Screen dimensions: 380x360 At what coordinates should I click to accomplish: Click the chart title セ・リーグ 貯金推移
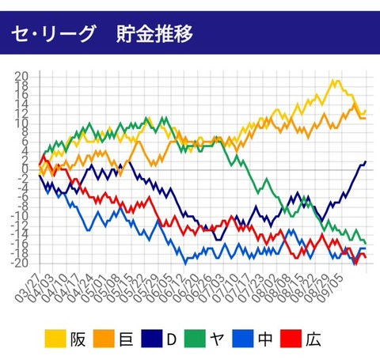(x=102, y=33)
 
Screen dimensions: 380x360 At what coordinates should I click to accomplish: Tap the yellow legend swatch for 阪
(x=55, y=339)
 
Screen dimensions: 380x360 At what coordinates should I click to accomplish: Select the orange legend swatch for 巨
(x=104, y=339)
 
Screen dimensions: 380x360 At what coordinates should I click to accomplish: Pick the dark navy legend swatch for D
(x=152, y=339)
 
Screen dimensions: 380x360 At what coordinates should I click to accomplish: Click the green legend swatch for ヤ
(x=195, y=339)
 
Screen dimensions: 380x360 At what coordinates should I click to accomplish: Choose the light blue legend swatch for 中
(x=243, y=339)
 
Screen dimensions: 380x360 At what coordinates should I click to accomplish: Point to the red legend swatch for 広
(x=291, y=339)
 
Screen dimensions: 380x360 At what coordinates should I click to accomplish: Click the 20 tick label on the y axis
(x=21, y=77)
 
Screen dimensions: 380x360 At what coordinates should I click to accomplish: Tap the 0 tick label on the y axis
(x=25, y=169)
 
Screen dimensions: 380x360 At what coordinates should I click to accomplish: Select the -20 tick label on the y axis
(x=19, y=263)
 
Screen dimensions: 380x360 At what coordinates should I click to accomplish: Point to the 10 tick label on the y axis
(x=21, y=123)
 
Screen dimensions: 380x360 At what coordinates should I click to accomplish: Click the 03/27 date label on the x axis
(x=28, y=288)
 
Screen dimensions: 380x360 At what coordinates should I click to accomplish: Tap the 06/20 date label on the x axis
(x=186, y=288)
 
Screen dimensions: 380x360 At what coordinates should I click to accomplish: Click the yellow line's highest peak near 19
(x=333, y=81)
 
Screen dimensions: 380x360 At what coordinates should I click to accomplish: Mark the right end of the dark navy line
(x=366, y=161)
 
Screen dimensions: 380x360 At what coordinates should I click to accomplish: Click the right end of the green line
(x=366, y=243)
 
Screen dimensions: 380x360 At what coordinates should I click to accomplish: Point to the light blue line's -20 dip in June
(x=185, y=263)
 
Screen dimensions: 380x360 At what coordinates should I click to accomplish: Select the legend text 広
(x=313, y=339)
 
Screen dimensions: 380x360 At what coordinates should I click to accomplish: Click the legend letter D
(x=172, y=339)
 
